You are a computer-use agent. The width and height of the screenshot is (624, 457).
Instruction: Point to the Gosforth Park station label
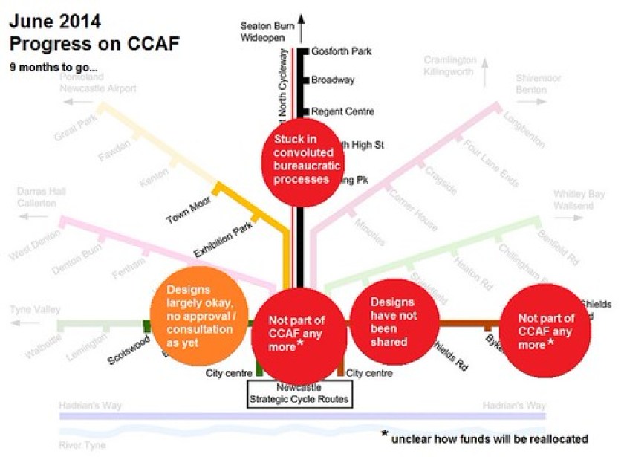pyautogui.click(x=341, y=51)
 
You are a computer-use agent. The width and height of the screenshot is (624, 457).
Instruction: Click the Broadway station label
pyautogui.click(x=333, y=80)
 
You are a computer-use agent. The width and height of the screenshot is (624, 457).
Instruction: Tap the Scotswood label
pyautogui.click(x=129, y=346)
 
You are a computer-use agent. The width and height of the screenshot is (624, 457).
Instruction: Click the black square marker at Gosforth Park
pyautogui.click(x=305, y=51)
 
